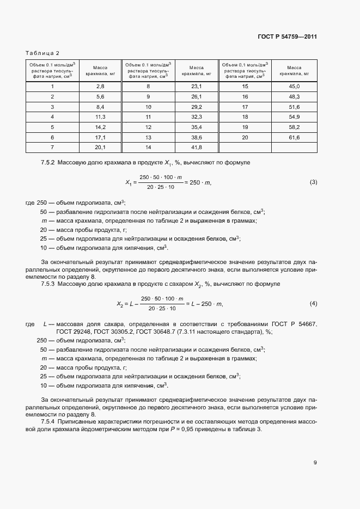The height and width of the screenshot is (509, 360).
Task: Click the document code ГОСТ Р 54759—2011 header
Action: tap(287, 37)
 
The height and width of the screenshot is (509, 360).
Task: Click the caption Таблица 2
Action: tap(42, 53)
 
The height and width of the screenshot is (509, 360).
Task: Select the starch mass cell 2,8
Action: tap(100, 87)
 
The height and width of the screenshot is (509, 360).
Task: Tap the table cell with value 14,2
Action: tap(100, 127)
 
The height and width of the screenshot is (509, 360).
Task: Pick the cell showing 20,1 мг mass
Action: tap(100, 147)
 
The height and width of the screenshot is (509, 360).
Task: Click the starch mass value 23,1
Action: tap(197, 87)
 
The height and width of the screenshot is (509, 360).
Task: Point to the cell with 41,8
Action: tap(197, 147)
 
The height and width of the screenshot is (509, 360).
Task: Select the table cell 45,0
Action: tap(294, 87)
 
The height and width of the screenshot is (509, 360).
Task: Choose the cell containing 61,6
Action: tap(294, 137)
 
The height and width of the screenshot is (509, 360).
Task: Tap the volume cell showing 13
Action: tap(148, 137)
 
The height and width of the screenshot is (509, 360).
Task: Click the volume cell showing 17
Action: tap(245, 107)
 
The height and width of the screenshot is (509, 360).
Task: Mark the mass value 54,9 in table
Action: tap(294, 117)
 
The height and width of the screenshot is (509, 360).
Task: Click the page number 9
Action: tap(315, 463)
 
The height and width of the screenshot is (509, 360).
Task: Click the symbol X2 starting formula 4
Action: tap(120, 304)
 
